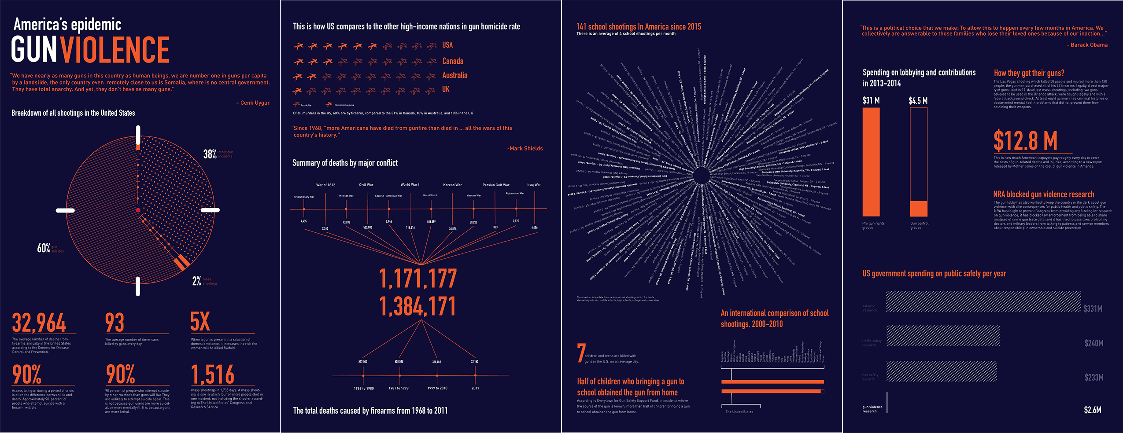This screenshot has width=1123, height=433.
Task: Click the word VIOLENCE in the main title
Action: tap(115, 50)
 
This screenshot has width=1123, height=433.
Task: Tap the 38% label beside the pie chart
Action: tap(210, 154)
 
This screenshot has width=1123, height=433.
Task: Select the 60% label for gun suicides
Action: tap(44, 248)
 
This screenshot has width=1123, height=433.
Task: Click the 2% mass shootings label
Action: tap(196, 281)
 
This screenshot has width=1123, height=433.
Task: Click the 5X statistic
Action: tap(200, 322)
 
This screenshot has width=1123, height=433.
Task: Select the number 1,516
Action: tap(212, 374)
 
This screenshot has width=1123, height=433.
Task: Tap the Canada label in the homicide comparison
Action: tap(453, 61)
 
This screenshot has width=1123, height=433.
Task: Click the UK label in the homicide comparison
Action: tap(446, 89)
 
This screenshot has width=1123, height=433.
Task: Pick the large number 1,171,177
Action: tap(418, 279)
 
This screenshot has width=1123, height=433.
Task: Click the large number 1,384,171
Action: tap(417, 307)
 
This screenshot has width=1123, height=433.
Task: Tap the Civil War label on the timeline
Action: tap(366, 185)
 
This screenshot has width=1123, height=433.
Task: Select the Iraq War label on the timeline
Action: tap(534, 185)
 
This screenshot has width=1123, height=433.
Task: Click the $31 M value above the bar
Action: tap(871, 101)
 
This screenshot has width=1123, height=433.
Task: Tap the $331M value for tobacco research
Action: tap(1093, 309)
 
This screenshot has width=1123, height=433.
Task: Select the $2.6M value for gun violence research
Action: tap(1092, 410)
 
